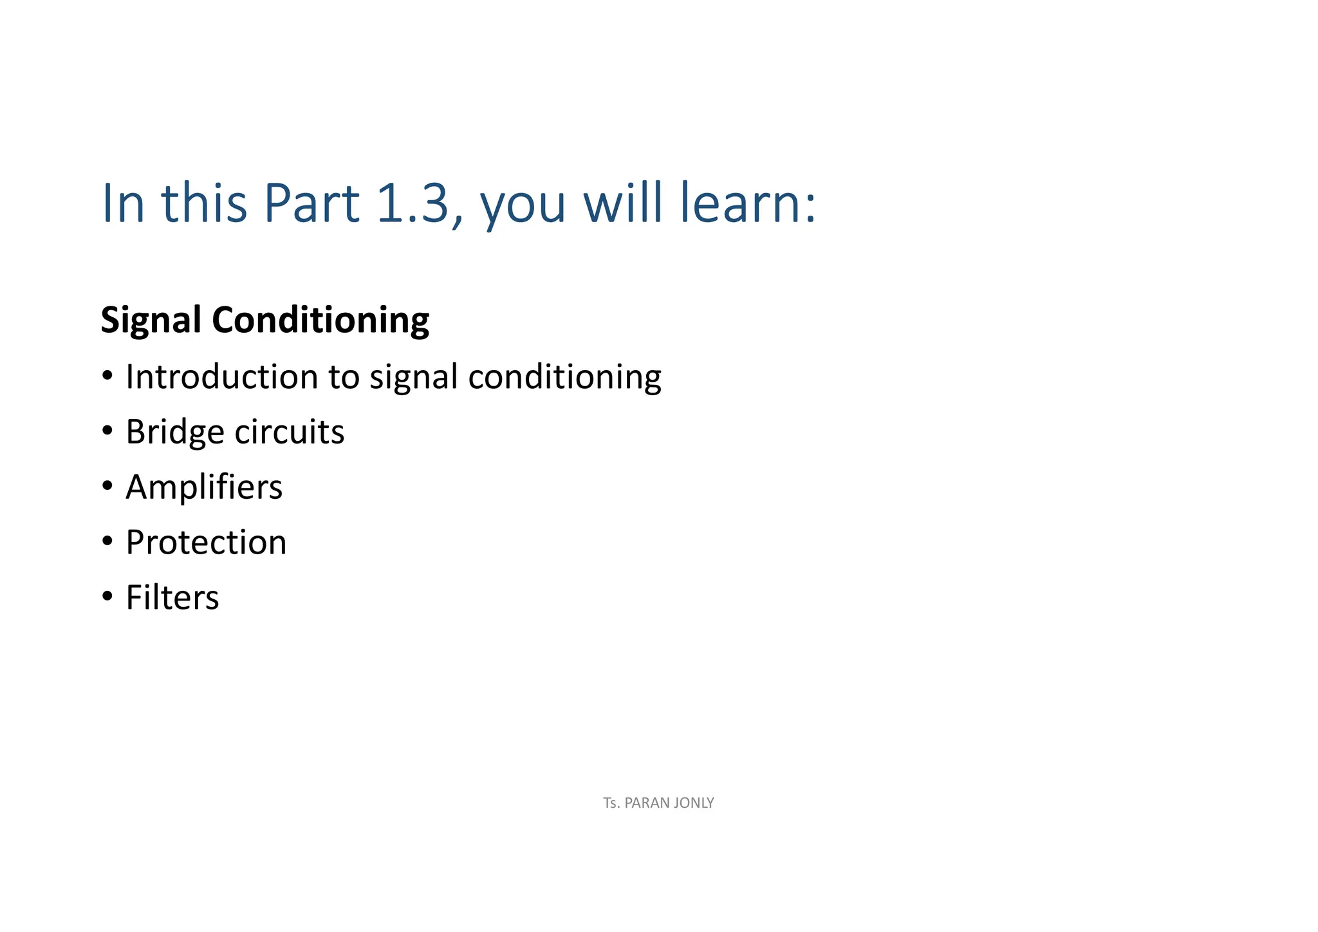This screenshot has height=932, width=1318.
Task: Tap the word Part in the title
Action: [x=311, y=203]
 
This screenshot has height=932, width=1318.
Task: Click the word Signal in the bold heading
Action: [x=151, y=320]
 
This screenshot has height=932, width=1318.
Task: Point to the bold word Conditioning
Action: [x=320, y=320]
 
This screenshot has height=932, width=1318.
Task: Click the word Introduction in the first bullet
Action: [x=222, y=377]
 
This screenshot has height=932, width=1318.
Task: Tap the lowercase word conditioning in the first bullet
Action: [x=564, y=377]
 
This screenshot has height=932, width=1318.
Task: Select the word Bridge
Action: [x=174, y=432]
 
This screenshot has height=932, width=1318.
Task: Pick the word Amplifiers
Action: [x=204, y=487]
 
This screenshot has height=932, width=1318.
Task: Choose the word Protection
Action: [x=206, y=542]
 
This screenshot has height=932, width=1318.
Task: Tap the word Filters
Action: [x=172, y=597]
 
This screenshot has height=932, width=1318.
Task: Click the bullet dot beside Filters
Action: [x=107, y=596]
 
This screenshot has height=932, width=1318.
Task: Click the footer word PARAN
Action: [x=645, y=803]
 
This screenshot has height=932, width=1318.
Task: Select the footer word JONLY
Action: [x=692, y=803]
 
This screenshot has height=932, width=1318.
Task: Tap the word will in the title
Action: [x=622, y=203]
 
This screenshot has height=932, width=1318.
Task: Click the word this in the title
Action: [x=204, y=203]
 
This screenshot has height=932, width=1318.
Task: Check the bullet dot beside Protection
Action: [x=107, y=541]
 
